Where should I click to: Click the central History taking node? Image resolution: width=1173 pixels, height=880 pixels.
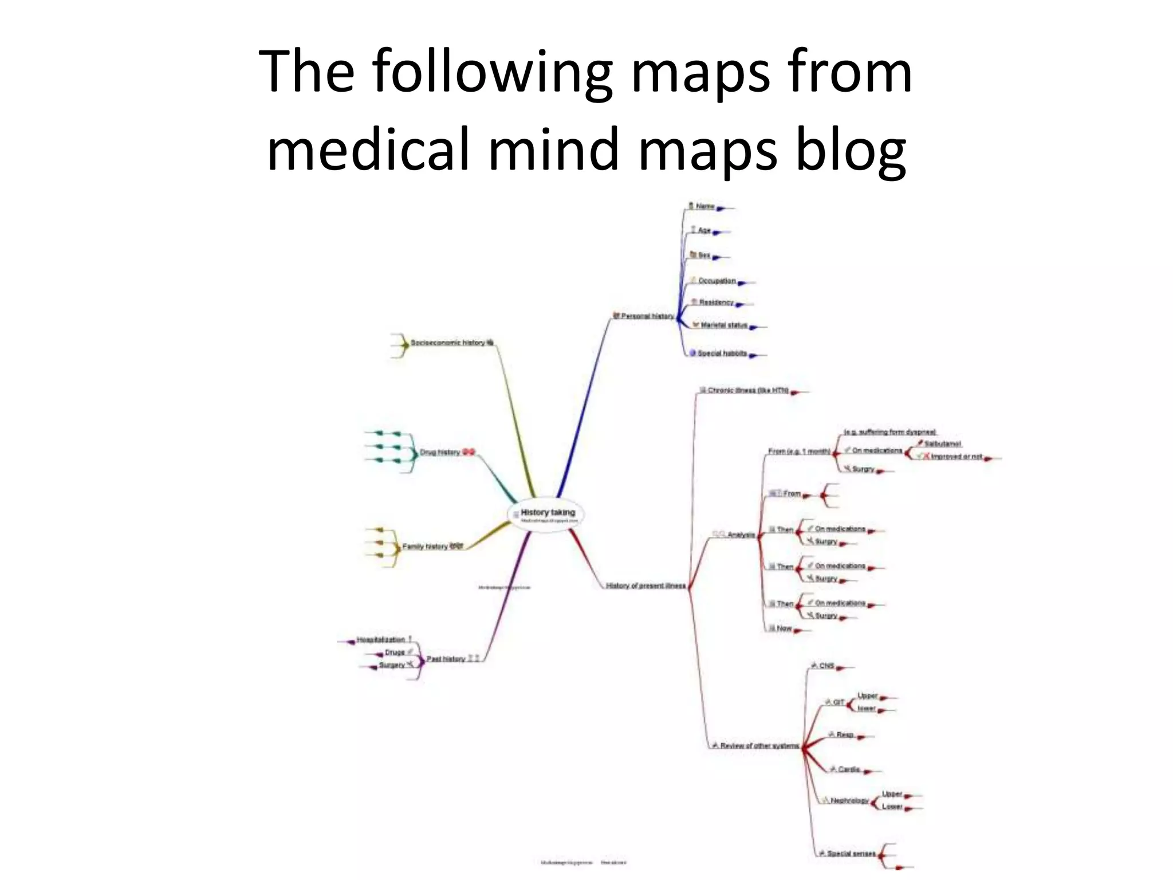(x=547, y=513)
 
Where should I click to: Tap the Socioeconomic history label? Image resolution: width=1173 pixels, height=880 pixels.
(x=447, y=343)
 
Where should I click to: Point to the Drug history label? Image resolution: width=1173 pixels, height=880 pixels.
(x=440, y=452)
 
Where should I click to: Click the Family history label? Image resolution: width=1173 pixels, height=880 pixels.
(x=424, y=547)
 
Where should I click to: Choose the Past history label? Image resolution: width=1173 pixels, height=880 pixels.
(x=446, y=659)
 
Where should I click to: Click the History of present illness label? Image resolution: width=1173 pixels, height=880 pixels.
(x=645, y=586)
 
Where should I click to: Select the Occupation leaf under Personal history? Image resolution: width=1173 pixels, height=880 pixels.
(x=717, y=281)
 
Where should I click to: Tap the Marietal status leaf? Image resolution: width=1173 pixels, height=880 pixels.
(x=724, y=325)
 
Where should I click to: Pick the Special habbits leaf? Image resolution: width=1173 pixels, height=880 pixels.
(x=722, y=353)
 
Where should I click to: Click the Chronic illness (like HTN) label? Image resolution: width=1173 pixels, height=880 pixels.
(x=748, y=391)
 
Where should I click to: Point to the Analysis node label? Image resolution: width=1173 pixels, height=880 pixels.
(x=741, y=535)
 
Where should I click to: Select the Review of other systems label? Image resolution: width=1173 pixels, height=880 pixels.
(x=759, y=746)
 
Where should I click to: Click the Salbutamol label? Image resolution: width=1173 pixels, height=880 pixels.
(x=943, y=444)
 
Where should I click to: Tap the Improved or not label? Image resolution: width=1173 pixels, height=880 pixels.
(x=956, y=457)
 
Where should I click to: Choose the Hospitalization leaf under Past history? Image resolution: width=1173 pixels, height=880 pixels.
(x=381, y=640)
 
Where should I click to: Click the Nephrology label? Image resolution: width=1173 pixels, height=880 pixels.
(x=849, y=801)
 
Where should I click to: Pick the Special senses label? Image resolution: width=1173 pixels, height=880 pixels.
(x=851, y=854)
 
